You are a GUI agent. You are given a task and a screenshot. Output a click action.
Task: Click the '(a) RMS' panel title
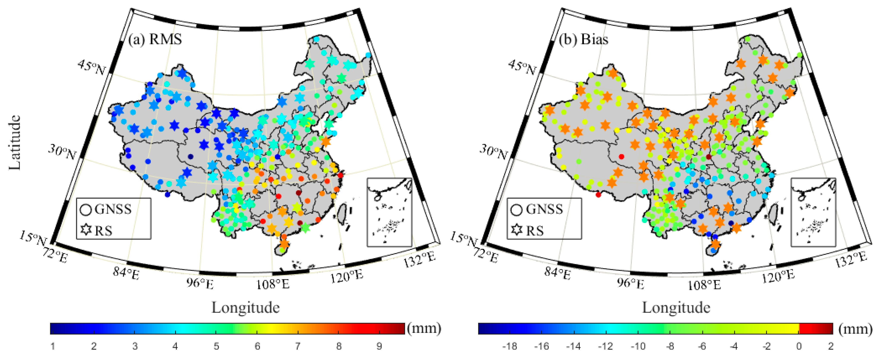click(155, 40)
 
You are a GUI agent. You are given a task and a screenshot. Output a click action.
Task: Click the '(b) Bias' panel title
click(583, 40)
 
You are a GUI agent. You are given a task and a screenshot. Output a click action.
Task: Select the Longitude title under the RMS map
click(246, 307)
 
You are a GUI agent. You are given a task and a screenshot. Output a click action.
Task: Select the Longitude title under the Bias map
click(676, 307)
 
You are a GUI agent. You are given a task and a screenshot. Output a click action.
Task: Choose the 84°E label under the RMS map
click(126, 274)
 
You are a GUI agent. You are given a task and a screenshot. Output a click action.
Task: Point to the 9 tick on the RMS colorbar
click(379, 346)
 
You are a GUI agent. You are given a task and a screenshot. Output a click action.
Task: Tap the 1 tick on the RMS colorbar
click(53, 346)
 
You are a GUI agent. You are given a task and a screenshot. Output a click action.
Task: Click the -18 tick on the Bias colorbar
click(510, 346)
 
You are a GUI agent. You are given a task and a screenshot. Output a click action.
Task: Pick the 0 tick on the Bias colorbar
click(799, 346)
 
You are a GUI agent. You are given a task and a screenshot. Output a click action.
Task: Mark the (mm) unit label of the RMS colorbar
click(423, 328)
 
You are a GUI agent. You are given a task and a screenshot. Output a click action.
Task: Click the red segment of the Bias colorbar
click(816, 328)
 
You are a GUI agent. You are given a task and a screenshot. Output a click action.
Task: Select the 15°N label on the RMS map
click(32, 238)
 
